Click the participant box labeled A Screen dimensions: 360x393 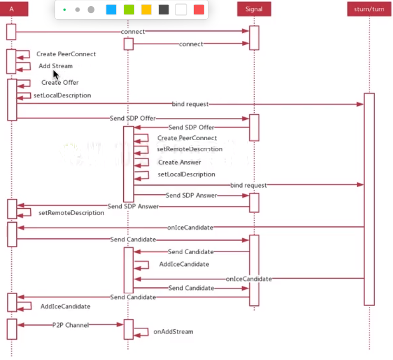click(12, 9)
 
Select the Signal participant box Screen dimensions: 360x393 click(254, 9)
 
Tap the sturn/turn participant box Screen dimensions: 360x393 click(369, 9)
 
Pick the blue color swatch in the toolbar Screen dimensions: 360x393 click(111, 10)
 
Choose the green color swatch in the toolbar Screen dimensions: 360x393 click(129, 10)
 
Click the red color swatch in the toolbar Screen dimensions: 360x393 click(198, 10)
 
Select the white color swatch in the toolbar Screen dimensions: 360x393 click(181, 10)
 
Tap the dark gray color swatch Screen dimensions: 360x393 click(164, 10)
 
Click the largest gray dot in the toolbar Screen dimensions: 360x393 click(91, 10)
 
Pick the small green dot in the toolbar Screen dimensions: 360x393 click(65, 10)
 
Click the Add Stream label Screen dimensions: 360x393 click(56, 66)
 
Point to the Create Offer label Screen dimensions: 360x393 click(60, 82)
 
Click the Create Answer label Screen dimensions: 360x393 click(180, 162)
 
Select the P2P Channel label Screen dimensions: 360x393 click(71, 325)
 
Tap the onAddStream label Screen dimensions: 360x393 click(173, 332)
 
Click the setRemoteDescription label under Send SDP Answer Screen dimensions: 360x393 click(71, 212)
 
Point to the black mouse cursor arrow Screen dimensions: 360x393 click(55, 75)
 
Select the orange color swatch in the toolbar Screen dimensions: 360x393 click(146, 10)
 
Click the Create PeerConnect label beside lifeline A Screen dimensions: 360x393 click(66, 54)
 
